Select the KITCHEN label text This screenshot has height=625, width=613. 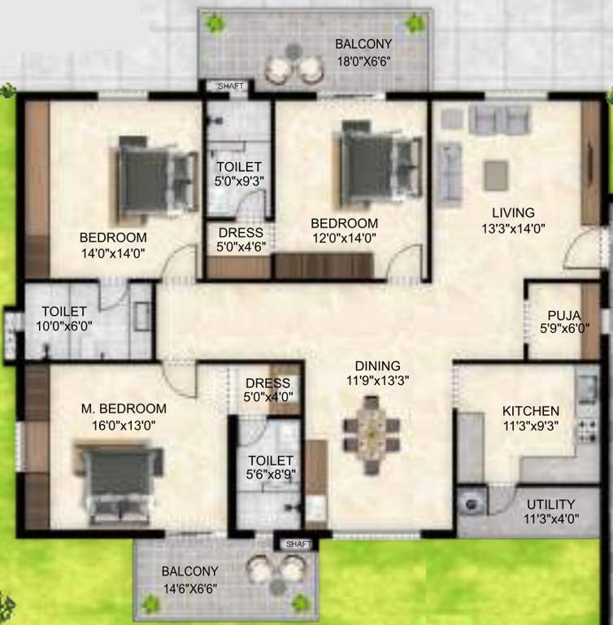[530, 411]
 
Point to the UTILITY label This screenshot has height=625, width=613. [550, 505]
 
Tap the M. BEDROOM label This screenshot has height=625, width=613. [124, 409]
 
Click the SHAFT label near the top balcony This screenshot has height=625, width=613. [228, 86]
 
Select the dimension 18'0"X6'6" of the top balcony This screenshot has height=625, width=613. [365, 60]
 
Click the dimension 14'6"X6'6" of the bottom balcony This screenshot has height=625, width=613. [189, 587]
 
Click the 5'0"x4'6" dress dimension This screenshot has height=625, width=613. [240, 247]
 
